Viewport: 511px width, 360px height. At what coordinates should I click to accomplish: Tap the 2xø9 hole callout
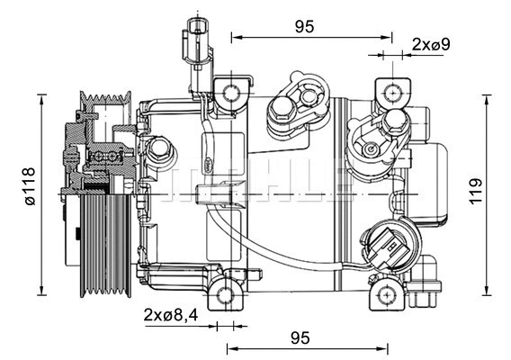click(430, 43)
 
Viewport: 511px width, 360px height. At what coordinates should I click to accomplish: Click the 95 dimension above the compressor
click(304, 26)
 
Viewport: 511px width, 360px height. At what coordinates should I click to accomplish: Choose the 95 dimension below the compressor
click(300, 337)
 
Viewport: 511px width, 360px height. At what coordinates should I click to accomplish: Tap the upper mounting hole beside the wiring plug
click(231, 92)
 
